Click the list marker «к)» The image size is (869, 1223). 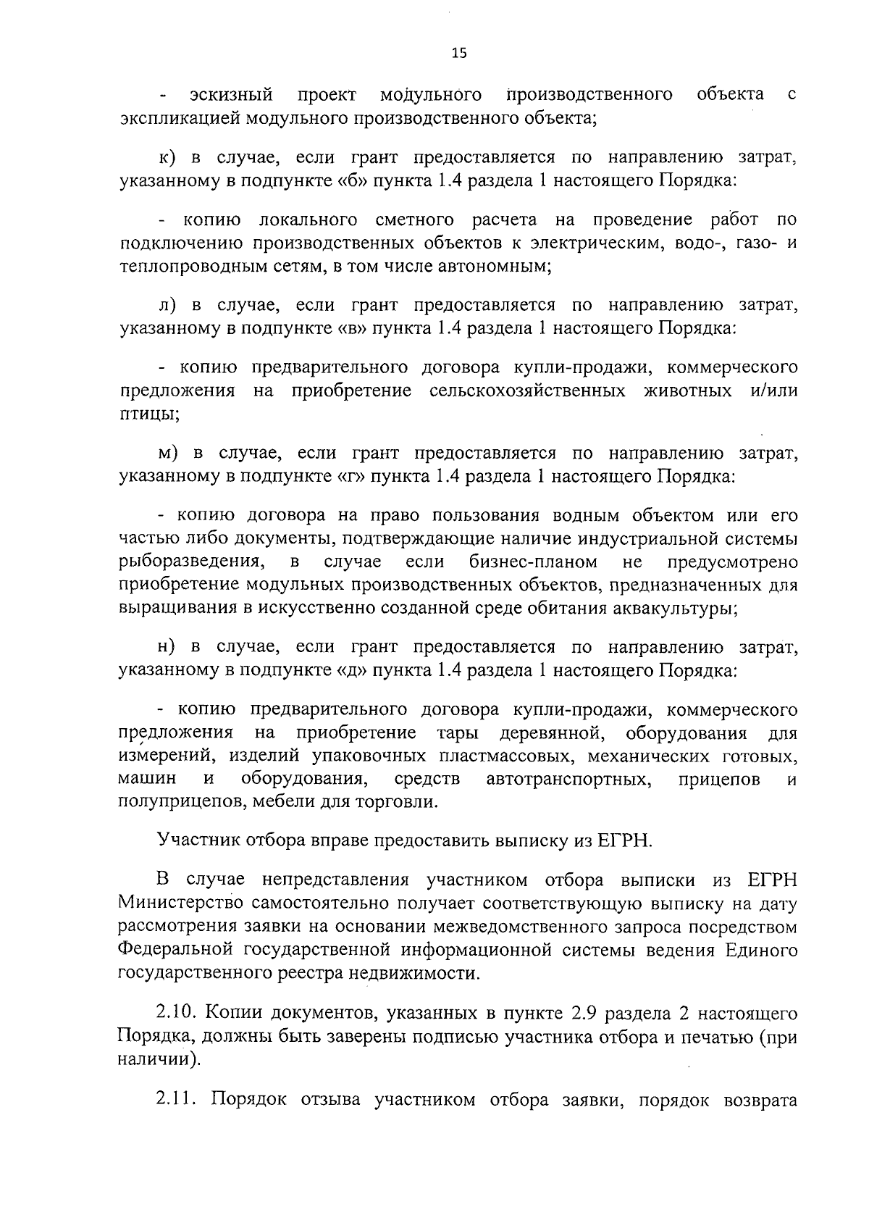tap(169, 157)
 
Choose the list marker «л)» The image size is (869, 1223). tap(169, 305)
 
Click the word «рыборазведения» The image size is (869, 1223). tap(190, 562)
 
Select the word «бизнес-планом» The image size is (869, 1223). tap(533, 562)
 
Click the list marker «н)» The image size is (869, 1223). tap(169, 647)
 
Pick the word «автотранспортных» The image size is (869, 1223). tap(568, 780)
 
